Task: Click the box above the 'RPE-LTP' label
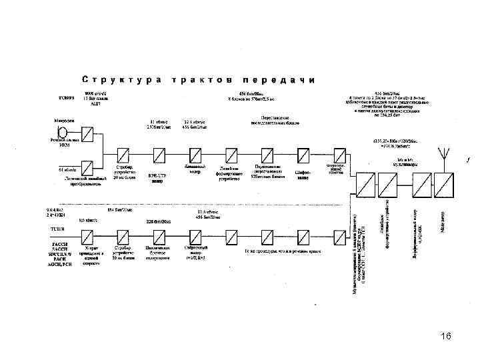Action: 157,155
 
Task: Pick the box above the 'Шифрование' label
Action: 303,155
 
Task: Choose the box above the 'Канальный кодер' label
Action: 194,155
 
